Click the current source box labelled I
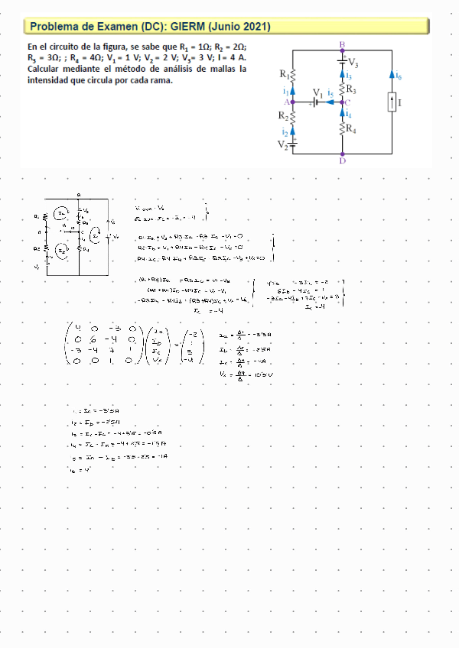(392, 102)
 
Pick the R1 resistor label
(285, 75)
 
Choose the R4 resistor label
(351, 128)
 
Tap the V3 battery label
(353, 63)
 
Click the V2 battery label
(282, 144)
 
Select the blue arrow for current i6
(392, 76)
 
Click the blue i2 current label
(285, 131)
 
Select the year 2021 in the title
(254, 27)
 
